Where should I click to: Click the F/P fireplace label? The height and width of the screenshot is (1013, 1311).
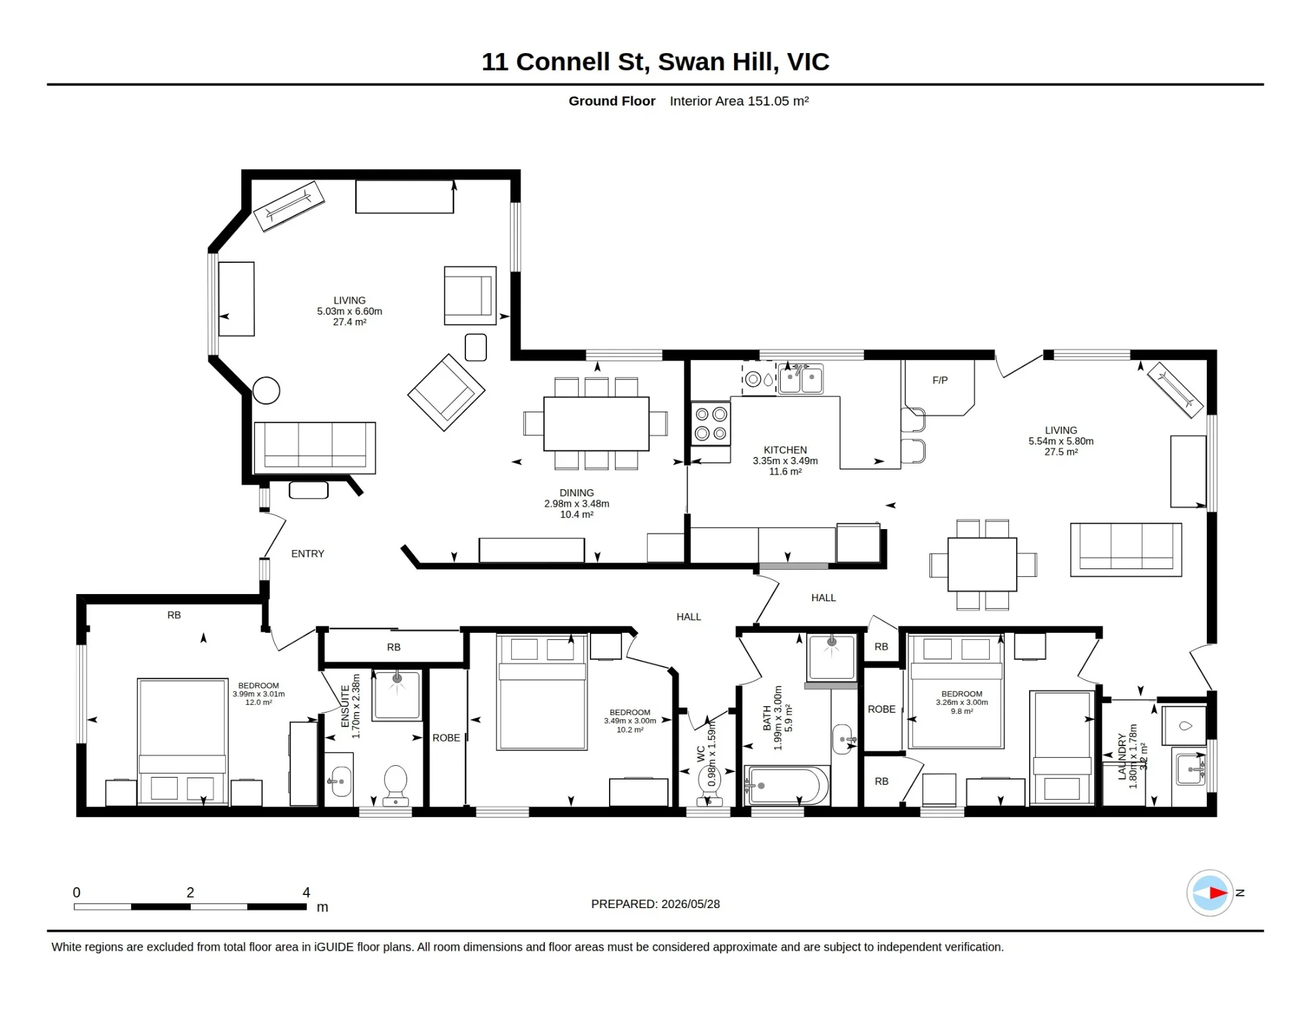pyautogui.click(x=939, y=380)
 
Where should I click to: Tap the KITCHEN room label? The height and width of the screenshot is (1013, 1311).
pyautogui.click(x=785, y=450)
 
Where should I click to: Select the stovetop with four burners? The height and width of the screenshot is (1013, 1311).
pyautogui.click(x=711, y=424)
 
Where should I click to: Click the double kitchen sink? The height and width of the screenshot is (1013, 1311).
pyautogui.click(x=800, y=379)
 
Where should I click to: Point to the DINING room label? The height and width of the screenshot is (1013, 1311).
pyautogui.click(x=576, y=493)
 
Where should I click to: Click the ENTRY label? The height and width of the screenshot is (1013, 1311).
pyautogui.click(x=307, y=554)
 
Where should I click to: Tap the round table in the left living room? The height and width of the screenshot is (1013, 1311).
pyautogui.click(x=266, y=391)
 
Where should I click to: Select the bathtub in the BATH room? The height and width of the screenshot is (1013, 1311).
pyautogui.click(x=787, y=785)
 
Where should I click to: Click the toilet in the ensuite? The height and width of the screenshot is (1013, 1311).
pyautogui.click(x=395, y=785)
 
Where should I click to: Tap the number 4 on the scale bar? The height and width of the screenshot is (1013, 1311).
pyautogui.click(x=306, y=892)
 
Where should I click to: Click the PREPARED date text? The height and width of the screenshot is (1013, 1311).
pyautogui.click(x=655, y=904)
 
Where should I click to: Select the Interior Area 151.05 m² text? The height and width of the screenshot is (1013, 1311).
pyautogui.click(x=739, y=101)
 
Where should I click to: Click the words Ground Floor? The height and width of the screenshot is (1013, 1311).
pyautogui.click(x=612, y=101)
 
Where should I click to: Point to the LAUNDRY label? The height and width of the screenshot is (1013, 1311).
pyautogui.click(x=1122, y=757)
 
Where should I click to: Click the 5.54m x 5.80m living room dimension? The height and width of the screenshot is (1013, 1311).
pyautogui.click(x=1061, y=441)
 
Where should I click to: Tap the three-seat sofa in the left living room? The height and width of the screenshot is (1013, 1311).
pyautogui.click(x=315, y=448)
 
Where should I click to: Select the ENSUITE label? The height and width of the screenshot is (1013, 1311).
pyautogui.click(x=345, y=706)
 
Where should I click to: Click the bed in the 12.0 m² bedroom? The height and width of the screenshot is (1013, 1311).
pyautogui.click(x=182, y=742)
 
